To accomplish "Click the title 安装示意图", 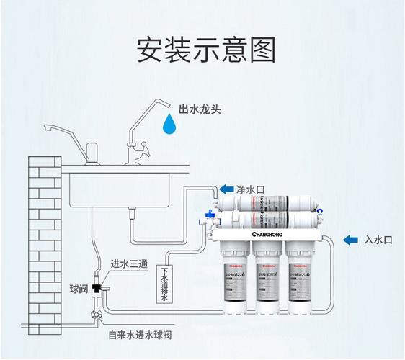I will coord(206,50).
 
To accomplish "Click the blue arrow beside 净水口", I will coord(226,189).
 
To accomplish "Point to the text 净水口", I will coord(252,189).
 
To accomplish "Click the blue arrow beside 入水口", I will coord(352,239).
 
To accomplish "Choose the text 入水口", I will coord(378,240).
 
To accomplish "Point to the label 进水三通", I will coord(129,265).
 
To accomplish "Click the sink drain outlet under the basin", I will coord(133,211).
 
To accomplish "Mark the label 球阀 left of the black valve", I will coord(78,289).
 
